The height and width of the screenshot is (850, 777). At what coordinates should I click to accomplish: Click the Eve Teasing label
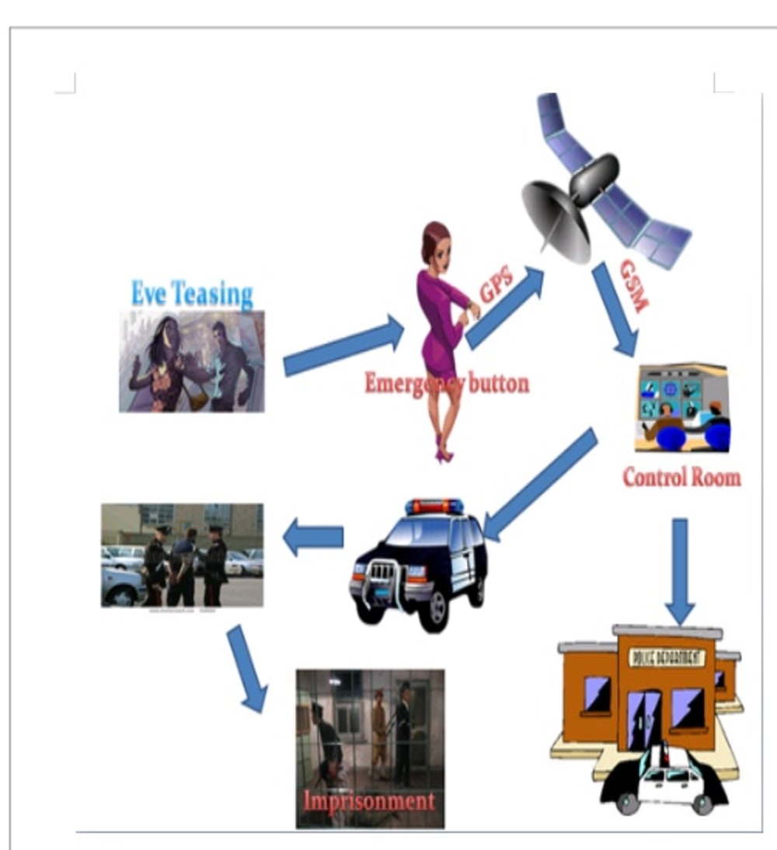(192, 294)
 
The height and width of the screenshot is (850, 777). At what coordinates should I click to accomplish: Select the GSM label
(632, 285)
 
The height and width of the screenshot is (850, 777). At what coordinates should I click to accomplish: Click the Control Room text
(681, 477)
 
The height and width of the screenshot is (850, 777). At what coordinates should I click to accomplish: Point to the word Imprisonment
(368, 800)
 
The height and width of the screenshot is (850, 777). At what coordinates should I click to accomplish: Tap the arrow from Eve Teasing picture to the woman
(343, 347)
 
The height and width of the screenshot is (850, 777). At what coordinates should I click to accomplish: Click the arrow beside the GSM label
(615, 309)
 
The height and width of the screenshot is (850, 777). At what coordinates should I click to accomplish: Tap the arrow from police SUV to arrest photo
(313, 537)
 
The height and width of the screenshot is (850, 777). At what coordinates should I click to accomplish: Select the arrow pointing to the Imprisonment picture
(247, 668)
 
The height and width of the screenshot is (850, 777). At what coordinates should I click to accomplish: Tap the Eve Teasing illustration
(191, 361)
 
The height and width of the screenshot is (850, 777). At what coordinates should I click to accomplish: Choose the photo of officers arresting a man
(182, 555)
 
